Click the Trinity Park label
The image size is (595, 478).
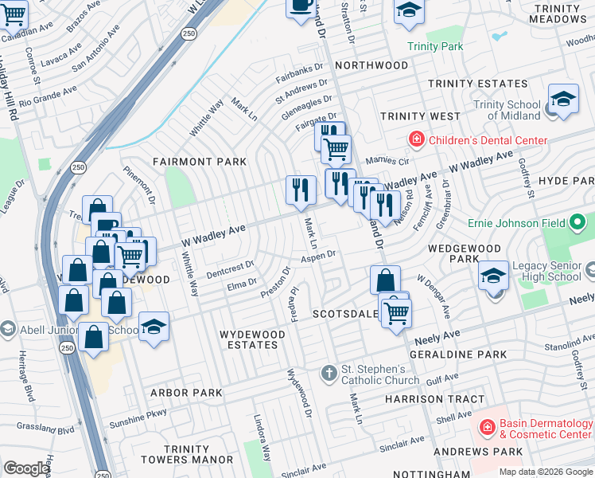435,47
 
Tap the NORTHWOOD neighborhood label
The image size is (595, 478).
371,65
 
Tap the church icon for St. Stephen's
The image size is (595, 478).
329,373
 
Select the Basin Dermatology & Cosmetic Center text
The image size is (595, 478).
545,429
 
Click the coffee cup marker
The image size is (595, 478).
301,6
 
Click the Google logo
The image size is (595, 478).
26,468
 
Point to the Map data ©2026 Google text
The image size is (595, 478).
545,472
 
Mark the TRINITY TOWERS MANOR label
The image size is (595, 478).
187,454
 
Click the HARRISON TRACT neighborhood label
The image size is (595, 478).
434,399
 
